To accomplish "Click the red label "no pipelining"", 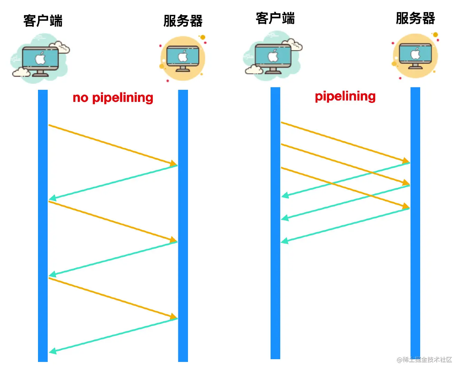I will [113, 98].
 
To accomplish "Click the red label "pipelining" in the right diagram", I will [345, 96].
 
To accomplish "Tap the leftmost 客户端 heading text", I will [43, 21].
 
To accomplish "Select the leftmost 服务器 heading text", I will [183, 21].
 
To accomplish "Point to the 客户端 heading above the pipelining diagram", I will [275, 18].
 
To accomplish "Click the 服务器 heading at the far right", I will [415, 18].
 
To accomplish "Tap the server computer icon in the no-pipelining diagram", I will [183, 58].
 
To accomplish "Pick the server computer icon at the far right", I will [415, 56].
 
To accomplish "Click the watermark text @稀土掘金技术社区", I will [424, 360].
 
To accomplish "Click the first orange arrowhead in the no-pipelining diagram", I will [173, 163].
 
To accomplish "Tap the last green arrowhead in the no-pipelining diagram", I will [53, 351].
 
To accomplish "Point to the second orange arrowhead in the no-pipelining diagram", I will [173, 240].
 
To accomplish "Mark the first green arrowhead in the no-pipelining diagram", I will [53, 198].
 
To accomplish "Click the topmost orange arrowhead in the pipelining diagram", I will [406, 161].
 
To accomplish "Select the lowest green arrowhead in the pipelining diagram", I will [285, 241].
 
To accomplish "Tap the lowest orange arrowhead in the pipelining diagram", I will [406, 206].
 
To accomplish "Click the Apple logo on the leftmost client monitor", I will [40, 58].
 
